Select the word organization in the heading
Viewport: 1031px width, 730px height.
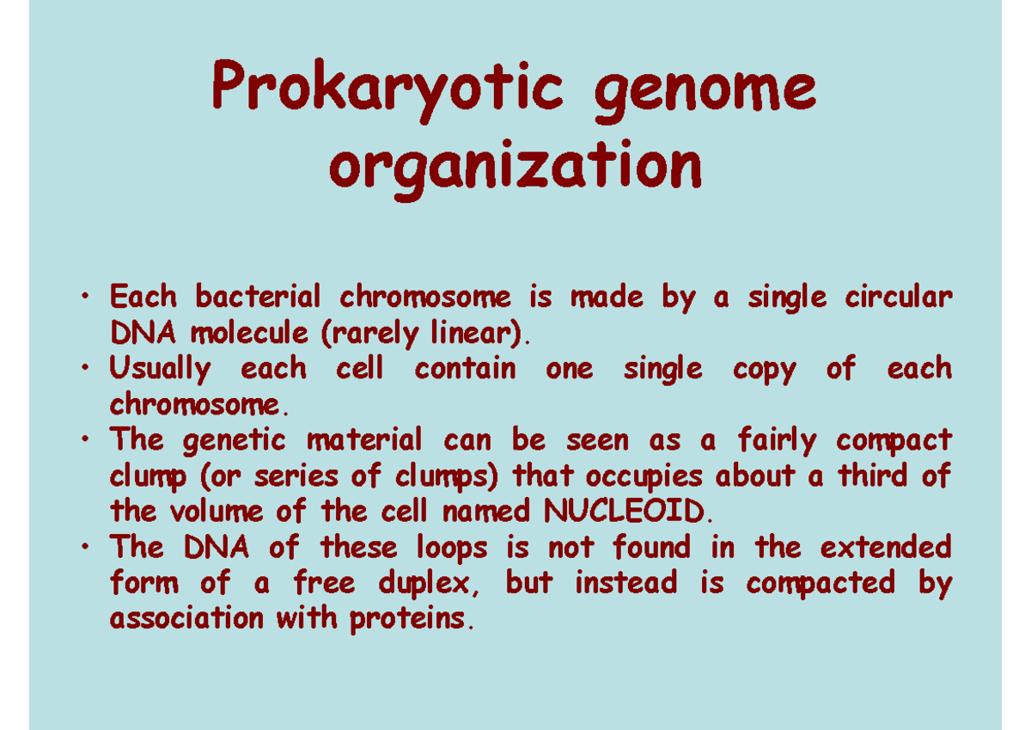(515, 167)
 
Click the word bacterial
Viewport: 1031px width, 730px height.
(258, 298)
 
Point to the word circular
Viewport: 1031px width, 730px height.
(899, 298)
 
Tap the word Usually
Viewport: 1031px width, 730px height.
(160, 370)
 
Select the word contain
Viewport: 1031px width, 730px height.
(465, 369)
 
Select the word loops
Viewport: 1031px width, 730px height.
(452, 547)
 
